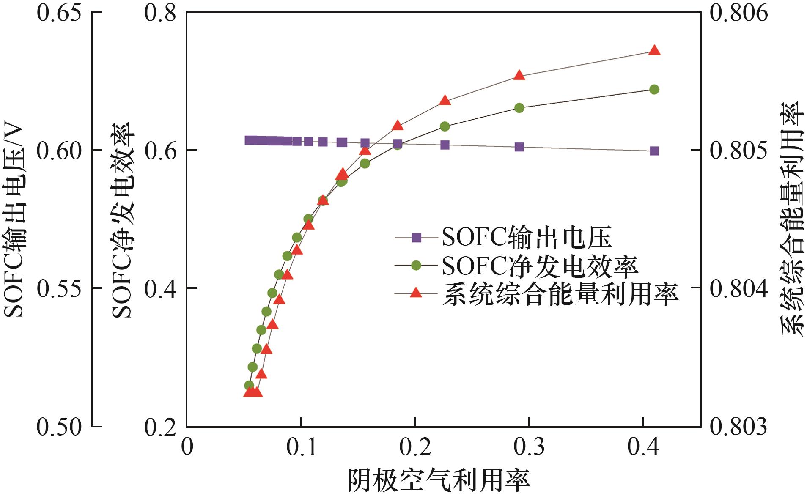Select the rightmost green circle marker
click(654, 89)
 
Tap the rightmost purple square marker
click(654, 151)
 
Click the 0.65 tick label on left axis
click(59, 13)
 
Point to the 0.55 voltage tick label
click(59, 289)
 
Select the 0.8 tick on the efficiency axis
click(160, 13)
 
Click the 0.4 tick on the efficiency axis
click(160, 289)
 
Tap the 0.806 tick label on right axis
click(738, 13)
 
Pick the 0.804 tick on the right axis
click(738, 289)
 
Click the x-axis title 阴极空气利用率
click(439, 480)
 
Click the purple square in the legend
click(417, 238)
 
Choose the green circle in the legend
click(417, 266)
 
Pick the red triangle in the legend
click(417, 293)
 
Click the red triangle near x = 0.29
click(519, 76)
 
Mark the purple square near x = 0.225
click(445, 145)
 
